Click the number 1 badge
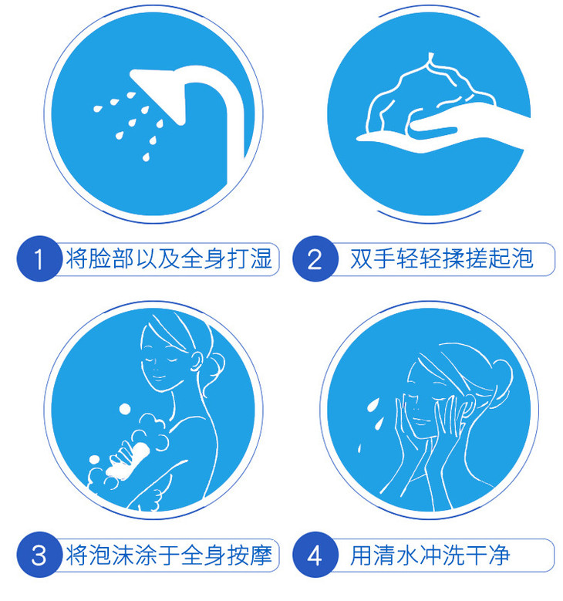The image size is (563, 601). click(39, 258)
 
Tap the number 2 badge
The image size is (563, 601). click(315, 258)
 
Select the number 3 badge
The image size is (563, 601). click(39, 555)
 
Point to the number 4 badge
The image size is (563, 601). click(315, 555)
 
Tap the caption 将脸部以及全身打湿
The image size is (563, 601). click(169, 258)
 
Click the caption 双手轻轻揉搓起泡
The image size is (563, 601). click(441, 258)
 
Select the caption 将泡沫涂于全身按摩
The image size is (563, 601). click(169, 555)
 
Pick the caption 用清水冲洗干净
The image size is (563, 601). click(430, 555)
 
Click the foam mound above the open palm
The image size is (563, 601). click(430, 96)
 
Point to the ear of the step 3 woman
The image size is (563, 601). click(197, 361)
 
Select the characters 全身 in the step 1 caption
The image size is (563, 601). click(204, 258)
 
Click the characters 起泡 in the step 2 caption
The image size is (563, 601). click(511, 258)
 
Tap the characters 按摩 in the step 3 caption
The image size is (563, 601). click(250, 555)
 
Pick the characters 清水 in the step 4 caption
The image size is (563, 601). click(396, 555)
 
